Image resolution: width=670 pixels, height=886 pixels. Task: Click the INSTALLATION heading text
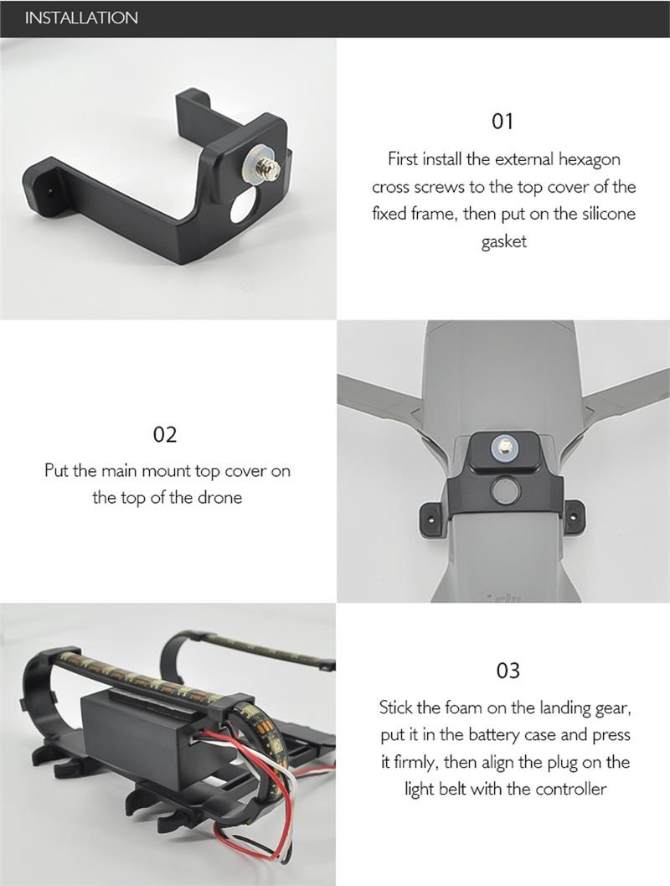81,18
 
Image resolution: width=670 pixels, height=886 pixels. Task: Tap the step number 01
502,121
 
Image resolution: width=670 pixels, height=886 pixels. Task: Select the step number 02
165,434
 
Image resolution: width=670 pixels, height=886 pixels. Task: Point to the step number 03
508,670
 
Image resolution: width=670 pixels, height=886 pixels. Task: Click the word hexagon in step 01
590,160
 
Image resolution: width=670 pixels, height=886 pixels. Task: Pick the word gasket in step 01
504,242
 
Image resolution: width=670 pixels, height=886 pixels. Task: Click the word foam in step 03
453,707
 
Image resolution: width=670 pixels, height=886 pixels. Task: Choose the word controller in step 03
570,789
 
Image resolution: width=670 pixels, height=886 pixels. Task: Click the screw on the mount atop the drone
503,447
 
